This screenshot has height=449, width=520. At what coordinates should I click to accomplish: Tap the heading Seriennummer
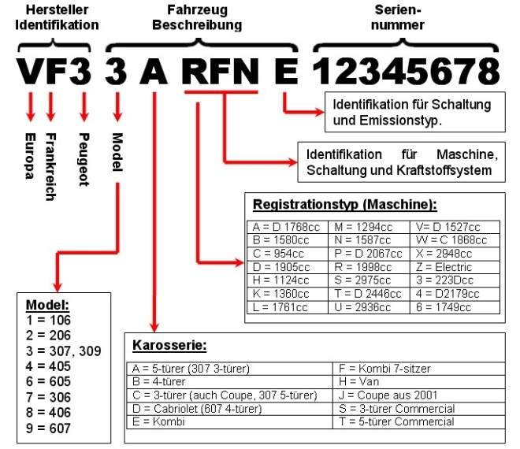(x=411, y=17)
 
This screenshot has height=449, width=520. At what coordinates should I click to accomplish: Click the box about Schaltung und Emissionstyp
(x=412, y=113)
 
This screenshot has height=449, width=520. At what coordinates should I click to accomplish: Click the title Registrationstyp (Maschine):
(x=344, y=205)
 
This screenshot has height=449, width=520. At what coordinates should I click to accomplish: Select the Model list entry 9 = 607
(x=49, y=429)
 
